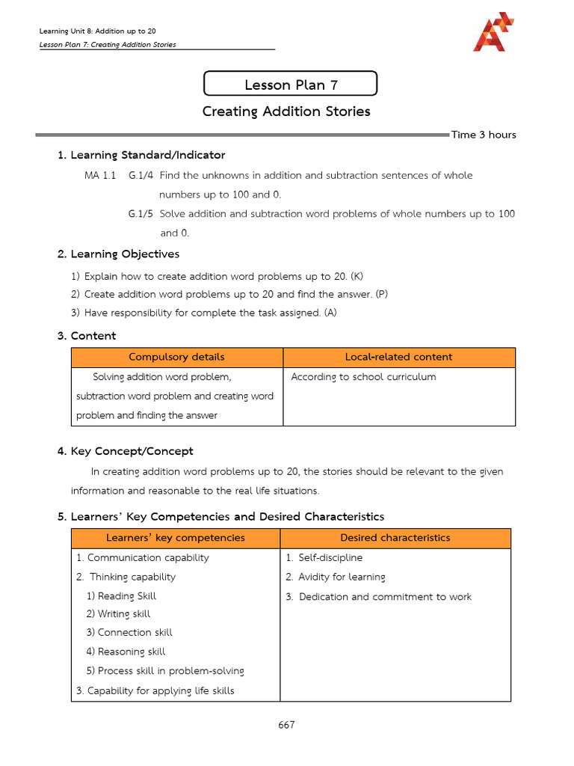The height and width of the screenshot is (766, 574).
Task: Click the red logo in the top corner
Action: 493,32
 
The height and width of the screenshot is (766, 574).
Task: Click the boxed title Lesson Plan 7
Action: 291,85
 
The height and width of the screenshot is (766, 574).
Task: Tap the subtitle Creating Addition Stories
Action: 286,111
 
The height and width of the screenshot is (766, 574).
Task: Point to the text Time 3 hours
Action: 484,135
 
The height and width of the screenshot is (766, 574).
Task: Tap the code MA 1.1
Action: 100,175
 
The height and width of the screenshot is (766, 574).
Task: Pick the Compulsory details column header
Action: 176,357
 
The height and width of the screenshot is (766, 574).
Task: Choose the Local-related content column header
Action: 398,357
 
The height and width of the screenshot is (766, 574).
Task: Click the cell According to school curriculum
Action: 363,377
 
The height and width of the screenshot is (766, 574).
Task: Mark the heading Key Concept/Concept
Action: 132,451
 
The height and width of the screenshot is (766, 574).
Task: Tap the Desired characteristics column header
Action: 395,538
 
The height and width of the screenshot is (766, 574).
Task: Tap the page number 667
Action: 286,726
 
